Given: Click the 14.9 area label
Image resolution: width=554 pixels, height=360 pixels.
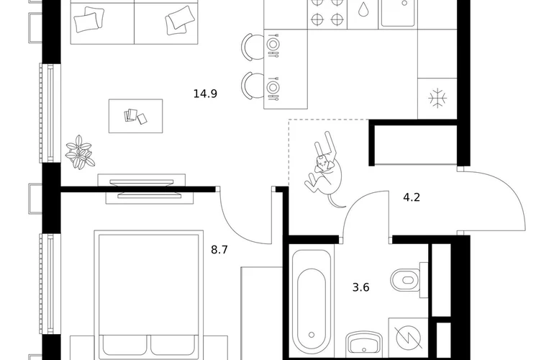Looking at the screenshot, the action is (x=205, y=94).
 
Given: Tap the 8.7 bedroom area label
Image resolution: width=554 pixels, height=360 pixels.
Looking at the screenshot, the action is (x=219, y=250).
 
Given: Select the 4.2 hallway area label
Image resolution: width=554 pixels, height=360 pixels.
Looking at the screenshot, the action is (x=412, y=197).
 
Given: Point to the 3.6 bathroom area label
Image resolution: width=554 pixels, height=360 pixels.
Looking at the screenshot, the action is (x=361, y=287).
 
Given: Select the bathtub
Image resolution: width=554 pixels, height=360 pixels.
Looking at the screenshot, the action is (x=312, y=303).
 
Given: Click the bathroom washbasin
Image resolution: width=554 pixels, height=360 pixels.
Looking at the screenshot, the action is (x=364, y=344).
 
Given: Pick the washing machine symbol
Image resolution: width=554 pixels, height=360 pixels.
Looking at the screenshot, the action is (x=409, y=338).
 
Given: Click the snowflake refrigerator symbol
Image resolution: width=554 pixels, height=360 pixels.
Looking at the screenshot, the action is (x=437, y=98).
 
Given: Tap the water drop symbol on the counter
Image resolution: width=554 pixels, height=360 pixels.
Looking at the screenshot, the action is (x=363, y=10).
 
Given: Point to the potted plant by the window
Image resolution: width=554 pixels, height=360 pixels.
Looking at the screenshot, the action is (x=80, y=152).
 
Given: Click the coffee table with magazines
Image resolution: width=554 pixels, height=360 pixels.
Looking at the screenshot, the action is (x=136, y=116).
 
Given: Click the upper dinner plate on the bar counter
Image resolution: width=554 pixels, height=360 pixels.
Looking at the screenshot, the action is (x=272, y=45).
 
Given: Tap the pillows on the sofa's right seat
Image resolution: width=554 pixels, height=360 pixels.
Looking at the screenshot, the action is (x=180, y=21).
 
